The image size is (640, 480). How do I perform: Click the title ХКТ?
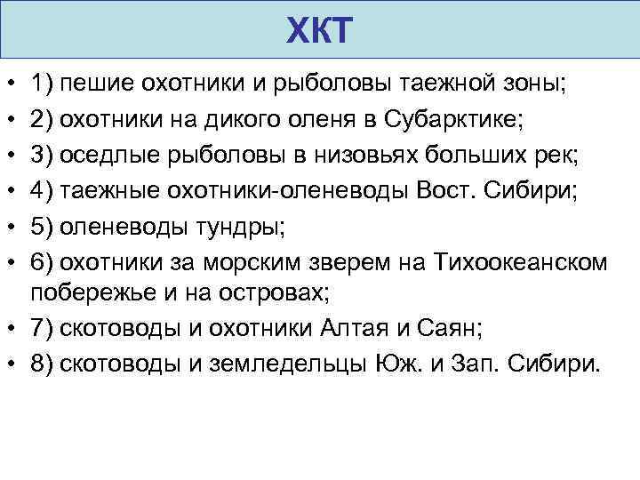pos(321,34)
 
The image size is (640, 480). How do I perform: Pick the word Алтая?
pos(353,329)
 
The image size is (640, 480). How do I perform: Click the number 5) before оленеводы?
pos(43,226)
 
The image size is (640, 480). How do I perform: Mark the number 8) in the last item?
pos(43,364)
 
